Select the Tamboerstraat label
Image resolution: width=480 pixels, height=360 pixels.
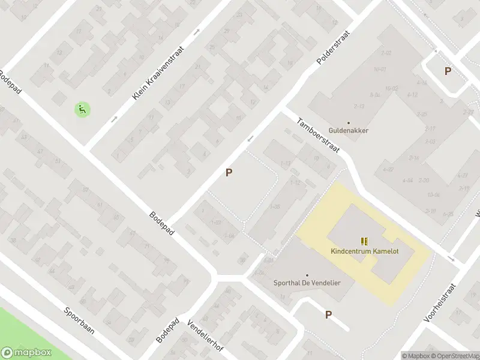(318, 135)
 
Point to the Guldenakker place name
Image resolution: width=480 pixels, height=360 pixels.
(349, 130)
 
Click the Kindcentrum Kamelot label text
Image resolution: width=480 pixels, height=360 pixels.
(365, 251)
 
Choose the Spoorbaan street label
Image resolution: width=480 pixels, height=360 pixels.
(80, 321)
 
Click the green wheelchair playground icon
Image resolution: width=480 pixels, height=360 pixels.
(82, 109)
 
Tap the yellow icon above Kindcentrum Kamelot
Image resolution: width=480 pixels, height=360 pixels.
(364, 241)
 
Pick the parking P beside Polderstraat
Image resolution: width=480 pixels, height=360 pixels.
(229, 173)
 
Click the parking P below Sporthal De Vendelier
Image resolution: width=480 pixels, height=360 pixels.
(328, 314)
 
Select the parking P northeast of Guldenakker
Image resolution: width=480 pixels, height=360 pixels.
(448, 71)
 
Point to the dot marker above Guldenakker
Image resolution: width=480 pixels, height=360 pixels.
(349, 122)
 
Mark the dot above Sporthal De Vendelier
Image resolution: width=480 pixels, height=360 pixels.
(307, 275)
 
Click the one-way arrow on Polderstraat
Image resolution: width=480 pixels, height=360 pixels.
(251, 139)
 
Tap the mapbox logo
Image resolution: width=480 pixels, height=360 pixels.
(27, 353)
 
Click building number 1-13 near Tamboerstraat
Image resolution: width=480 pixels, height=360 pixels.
(286, 163)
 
